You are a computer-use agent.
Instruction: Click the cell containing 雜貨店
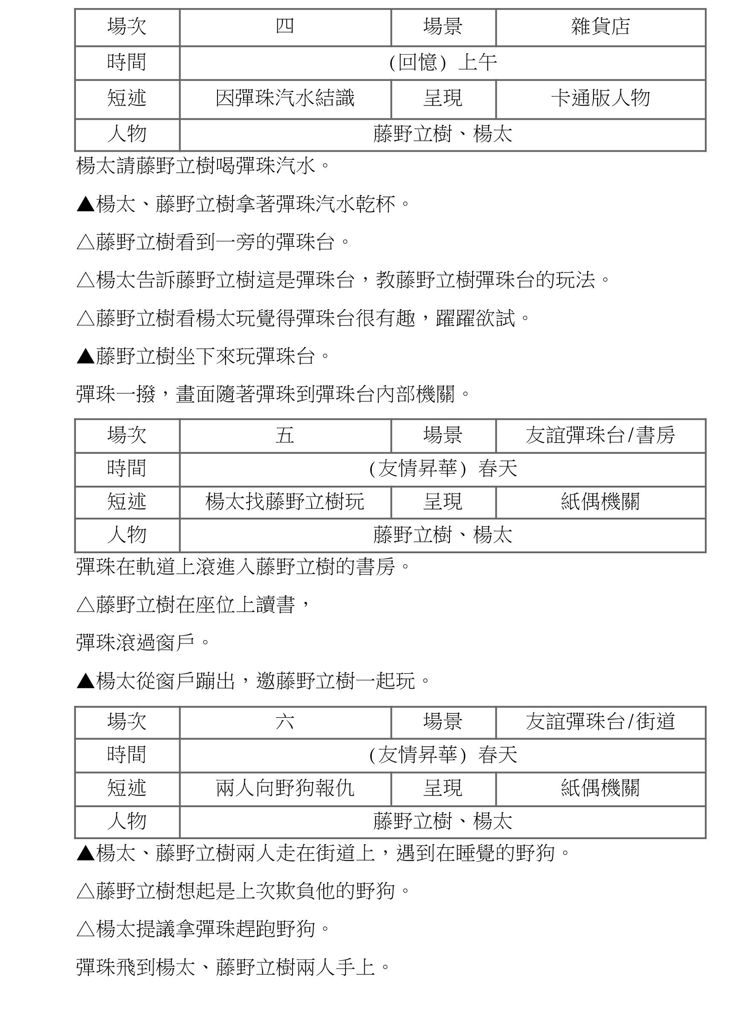pos(600,26)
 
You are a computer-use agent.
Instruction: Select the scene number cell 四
pos(284,26)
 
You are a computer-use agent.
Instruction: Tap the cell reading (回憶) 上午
pos(442,63)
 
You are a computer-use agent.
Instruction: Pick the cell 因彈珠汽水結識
pos(284,99)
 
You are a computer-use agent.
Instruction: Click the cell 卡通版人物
pos(600,99)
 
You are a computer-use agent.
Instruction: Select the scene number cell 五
pos(284,435)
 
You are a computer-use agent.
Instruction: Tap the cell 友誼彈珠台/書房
pos(600,435)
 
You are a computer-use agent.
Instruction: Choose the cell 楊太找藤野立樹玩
pos(284,502)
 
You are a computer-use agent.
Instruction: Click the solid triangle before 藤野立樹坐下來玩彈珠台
pos(85,357)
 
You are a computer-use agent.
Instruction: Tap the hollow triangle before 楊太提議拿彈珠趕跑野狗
pos(85,929)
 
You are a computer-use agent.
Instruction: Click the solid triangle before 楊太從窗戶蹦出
pos(85,681)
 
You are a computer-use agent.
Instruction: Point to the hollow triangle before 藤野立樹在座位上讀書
pos(85,605)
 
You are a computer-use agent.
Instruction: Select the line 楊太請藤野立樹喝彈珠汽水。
pos(203,166)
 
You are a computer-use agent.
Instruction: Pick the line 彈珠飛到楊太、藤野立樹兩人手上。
pos(233,967)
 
